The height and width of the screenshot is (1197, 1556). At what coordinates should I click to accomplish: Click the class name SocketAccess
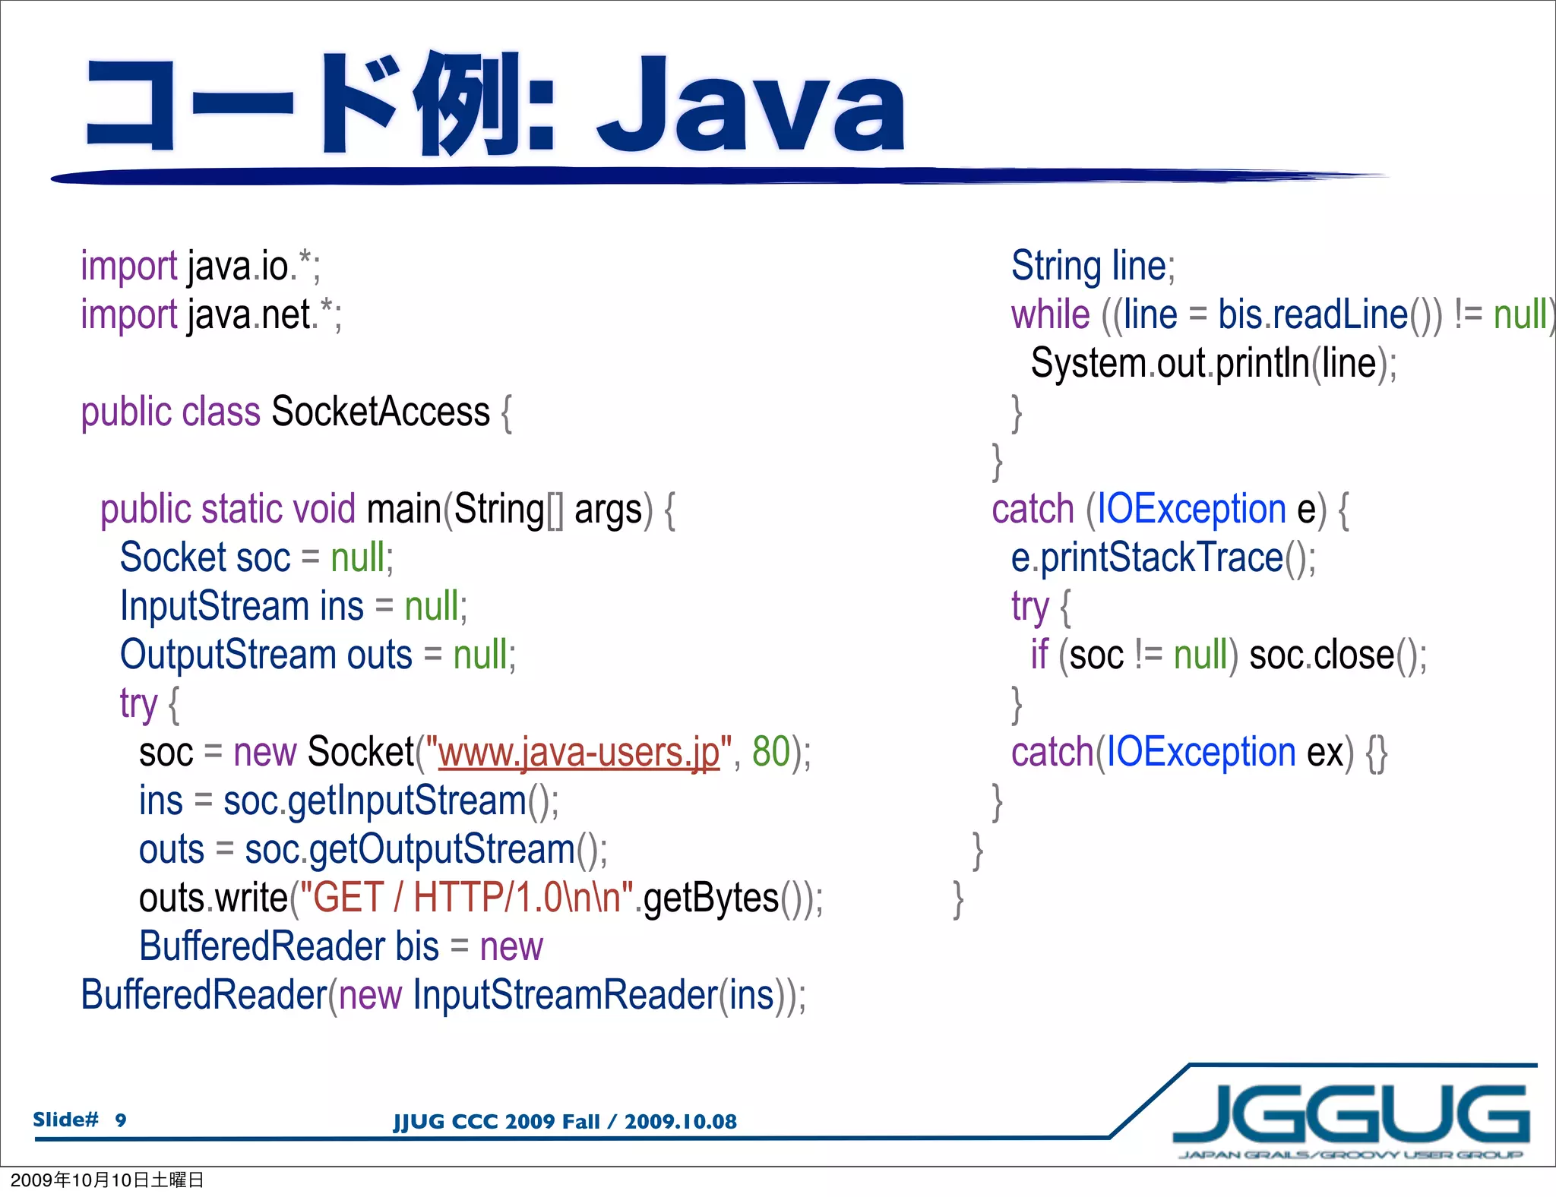pos(380,412)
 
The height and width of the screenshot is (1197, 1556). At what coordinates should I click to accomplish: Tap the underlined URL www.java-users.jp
pos(579,753)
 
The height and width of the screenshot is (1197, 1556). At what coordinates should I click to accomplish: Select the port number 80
pos(770,752)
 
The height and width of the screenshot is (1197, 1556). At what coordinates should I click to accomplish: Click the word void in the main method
pos(324,509)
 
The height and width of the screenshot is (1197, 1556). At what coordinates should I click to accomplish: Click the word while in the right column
pos(1050,314)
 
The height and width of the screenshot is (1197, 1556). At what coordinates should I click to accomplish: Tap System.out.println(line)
pos(1212,363)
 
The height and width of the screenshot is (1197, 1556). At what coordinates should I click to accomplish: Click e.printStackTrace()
pos(1162,558)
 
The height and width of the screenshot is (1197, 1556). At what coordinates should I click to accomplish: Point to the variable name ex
pos(1325,753)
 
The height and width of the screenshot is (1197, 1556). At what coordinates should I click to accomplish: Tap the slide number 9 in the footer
pos(121,1120)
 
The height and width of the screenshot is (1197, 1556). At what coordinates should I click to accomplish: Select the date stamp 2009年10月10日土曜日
pos(106,1180)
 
